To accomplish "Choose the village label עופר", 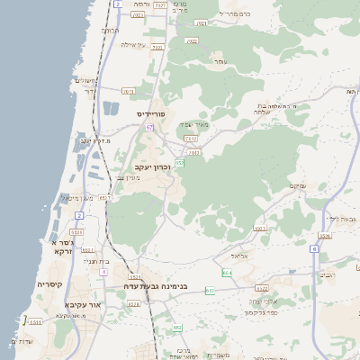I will point(220,61).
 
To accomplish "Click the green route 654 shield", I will point(227,273).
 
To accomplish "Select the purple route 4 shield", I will point(103,271).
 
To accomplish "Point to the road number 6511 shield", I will point(105,198).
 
